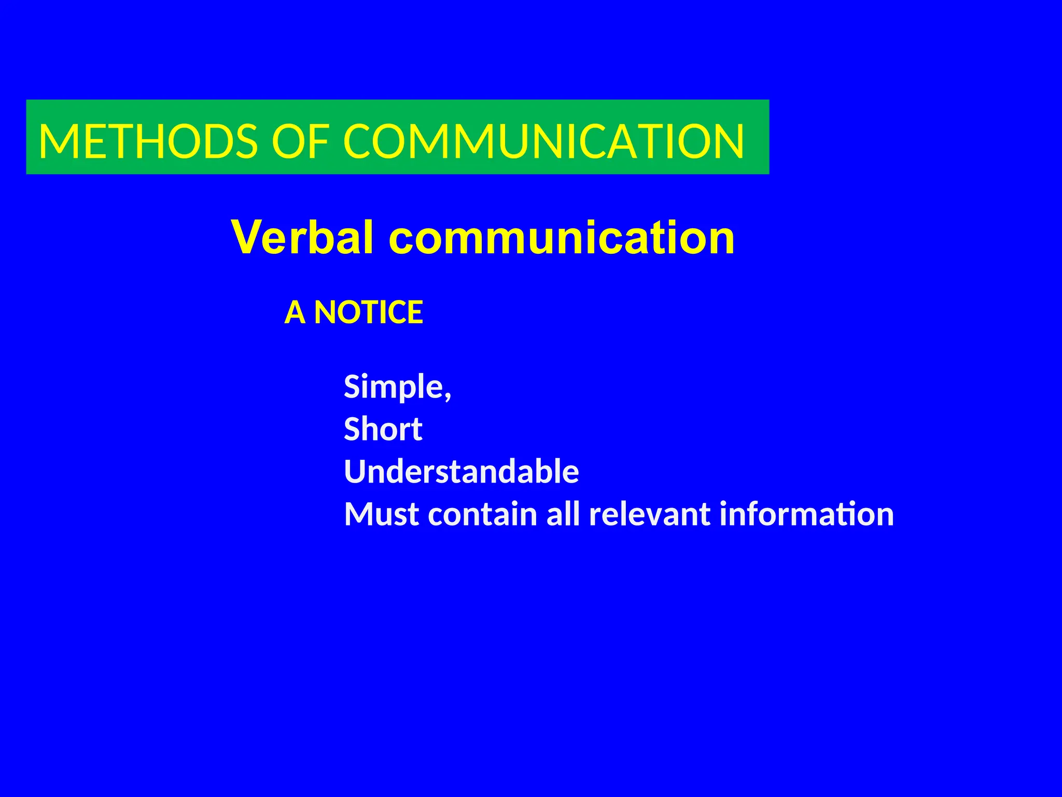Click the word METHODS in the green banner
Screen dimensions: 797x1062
click(148, 141)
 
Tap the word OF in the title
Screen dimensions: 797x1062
click(301, 141)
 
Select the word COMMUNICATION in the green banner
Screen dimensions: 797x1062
click(543, 141)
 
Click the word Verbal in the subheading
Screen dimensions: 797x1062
click(302, 238)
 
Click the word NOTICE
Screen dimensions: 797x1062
click(369, 312)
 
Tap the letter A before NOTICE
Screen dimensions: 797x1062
click(295, 312)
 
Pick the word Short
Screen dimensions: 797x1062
click(383, 430)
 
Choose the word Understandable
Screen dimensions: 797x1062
click(461, 472)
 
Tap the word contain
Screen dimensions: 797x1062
click(483, 514)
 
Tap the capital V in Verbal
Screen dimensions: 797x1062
click(247, 238)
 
